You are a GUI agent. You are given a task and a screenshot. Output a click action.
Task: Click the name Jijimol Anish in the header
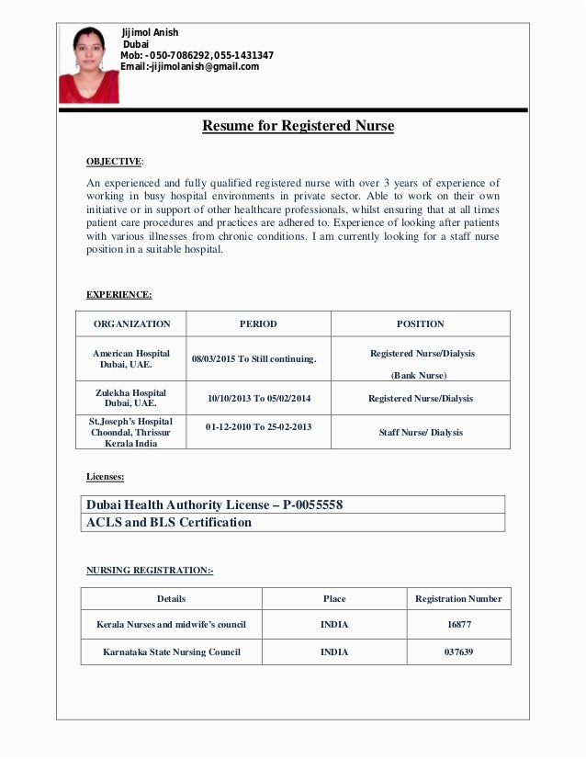pyautogui.click(x=152, y=33)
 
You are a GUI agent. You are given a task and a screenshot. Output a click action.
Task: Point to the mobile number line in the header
pyautogui.click(x=197, y=56)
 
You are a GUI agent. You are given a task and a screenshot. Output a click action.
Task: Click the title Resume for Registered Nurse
pyautogui.click(x=298, y=126)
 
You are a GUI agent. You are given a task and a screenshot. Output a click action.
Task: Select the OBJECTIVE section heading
pyautogui.click(x=115, y=162)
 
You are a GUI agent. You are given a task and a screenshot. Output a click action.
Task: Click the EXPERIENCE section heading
pyautogui.click(x=119, y=295)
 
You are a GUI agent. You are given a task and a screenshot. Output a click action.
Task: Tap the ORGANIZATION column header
pyautogui.click(x=131, y=324)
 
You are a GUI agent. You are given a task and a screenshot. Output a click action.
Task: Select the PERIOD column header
pyautogui.click(x=258, y=324)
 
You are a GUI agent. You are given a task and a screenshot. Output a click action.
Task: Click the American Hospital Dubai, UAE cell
pyautogui.click(x=131, y=359)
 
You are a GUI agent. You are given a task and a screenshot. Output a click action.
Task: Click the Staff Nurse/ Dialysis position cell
pyautogui.click(x=421, y=432)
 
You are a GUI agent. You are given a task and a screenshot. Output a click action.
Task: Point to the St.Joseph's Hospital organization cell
pyautogui.click(x=130, y=432)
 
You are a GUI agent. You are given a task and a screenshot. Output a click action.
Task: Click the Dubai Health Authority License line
pyautogui.click(x=215, y=504)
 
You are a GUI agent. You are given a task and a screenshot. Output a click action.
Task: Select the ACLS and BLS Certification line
pyautogui.click(x=168, y=523)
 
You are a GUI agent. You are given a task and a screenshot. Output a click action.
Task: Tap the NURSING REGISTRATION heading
pyautogui.click(x=150, y=571)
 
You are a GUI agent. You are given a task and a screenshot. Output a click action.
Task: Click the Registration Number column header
pyautogui.click(x=458, y=599)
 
